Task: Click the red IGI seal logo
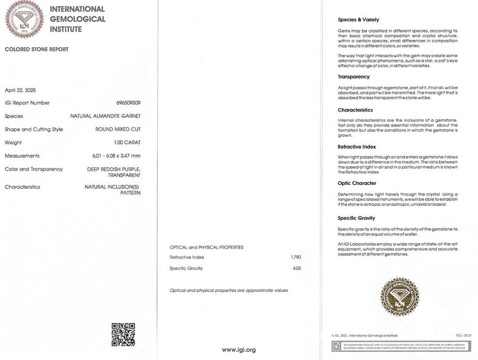[x=24, y=19]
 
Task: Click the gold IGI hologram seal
[x=400, y=296]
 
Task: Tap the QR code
[x=123, y=334]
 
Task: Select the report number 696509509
[x=128, y=103]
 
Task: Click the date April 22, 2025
[x=20, y=90]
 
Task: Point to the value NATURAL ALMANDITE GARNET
[x=105, y=116]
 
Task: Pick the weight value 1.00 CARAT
[x=124, y=142]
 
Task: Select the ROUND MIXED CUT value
[x=118, y=129]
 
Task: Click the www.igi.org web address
[x=239, y=350]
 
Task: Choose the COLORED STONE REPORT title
[x=36, y=49]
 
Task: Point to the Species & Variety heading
[x=358, y=20]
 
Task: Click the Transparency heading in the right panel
[x=353, y=77]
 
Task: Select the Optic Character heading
[x=357, y=183]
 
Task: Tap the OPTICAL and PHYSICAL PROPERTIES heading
[x=206, y=247]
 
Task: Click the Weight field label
[x=13, y=142]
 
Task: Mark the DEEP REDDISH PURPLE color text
[x=113, y=169]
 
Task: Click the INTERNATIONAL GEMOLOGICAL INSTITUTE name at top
[x=77, y=19]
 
